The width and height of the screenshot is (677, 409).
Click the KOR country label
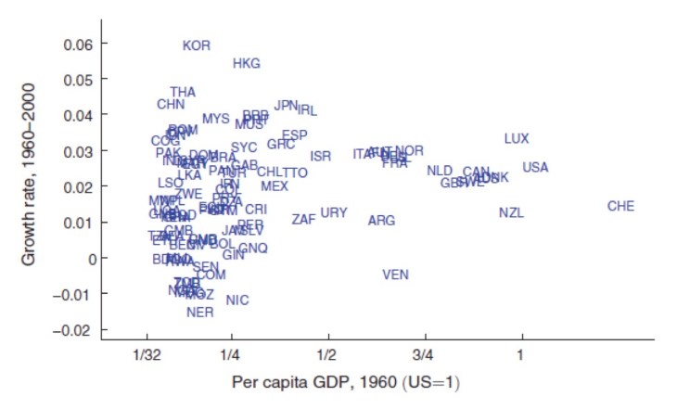pos(197,45)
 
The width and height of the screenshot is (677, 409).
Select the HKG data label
pos(247,64)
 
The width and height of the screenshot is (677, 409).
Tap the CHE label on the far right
pos(620,206)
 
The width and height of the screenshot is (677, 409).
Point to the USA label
pos(535,168)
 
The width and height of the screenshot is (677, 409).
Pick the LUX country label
pos(517,138)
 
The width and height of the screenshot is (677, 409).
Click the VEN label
pos(395,275)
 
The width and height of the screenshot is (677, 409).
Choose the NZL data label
pos(511,212)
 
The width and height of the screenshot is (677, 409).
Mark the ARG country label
pos(381,221)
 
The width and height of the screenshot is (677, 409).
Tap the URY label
pos(334,213)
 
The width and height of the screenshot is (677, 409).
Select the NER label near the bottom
pos(200,313)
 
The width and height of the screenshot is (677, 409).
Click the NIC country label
pos(237,300)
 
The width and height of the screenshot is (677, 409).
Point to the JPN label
pos(286,106)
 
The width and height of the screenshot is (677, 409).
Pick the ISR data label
pos(321,156)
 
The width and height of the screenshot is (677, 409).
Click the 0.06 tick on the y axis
pos(80,45)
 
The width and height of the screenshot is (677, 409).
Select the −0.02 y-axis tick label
pos(74,330)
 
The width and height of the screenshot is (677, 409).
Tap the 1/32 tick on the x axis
pos(147,354)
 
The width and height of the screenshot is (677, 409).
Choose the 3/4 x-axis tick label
pos(423,354)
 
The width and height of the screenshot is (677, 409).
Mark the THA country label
pos(183,93)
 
